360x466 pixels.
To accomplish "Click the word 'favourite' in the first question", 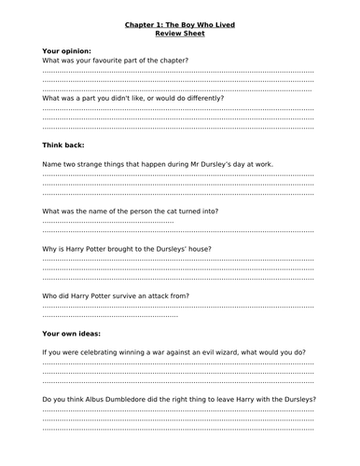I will (122, 61).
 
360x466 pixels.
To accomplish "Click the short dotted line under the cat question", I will (108, 222).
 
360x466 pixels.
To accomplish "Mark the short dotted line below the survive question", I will (110, 316).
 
